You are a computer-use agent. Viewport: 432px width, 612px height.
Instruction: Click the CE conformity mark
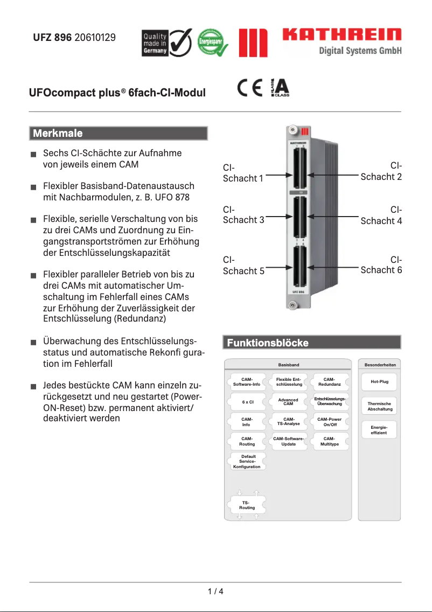click(x=249, y=88)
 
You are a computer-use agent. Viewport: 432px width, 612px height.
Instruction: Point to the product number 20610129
click(x=95, y=38)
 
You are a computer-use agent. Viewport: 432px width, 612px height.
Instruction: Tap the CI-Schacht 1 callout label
click(x=243, y=173)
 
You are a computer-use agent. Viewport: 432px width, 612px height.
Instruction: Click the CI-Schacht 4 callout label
click(x=381, y=215)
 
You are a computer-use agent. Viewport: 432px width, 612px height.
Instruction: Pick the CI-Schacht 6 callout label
click(x=381, y=265)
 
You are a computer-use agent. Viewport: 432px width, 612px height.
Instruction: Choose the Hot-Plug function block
click(x=379, y=381)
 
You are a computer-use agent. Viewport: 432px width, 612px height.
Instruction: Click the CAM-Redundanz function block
click(x=329, y=381)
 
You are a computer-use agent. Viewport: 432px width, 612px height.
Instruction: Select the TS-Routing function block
click(x=247, y=505)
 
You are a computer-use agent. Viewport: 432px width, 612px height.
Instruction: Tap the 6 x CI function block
click(x=247, y=402)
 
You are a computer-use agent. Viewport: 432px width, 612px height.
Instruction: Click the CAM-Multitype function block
click(x=329, y=441)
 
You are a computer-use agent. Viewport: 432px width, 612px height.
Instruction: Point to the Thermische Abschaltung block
click(x=379, y=406)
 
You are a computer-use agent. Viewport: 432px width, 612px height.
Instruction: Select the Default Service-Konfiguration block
click(x=247, y=462)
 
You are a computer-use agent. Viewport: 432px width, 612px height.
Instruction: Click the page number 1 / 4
click(x=215, y=592)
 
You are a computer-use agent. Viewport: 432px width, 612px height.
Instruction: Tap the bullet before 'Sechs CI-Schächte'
click(x=33, y=155)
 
